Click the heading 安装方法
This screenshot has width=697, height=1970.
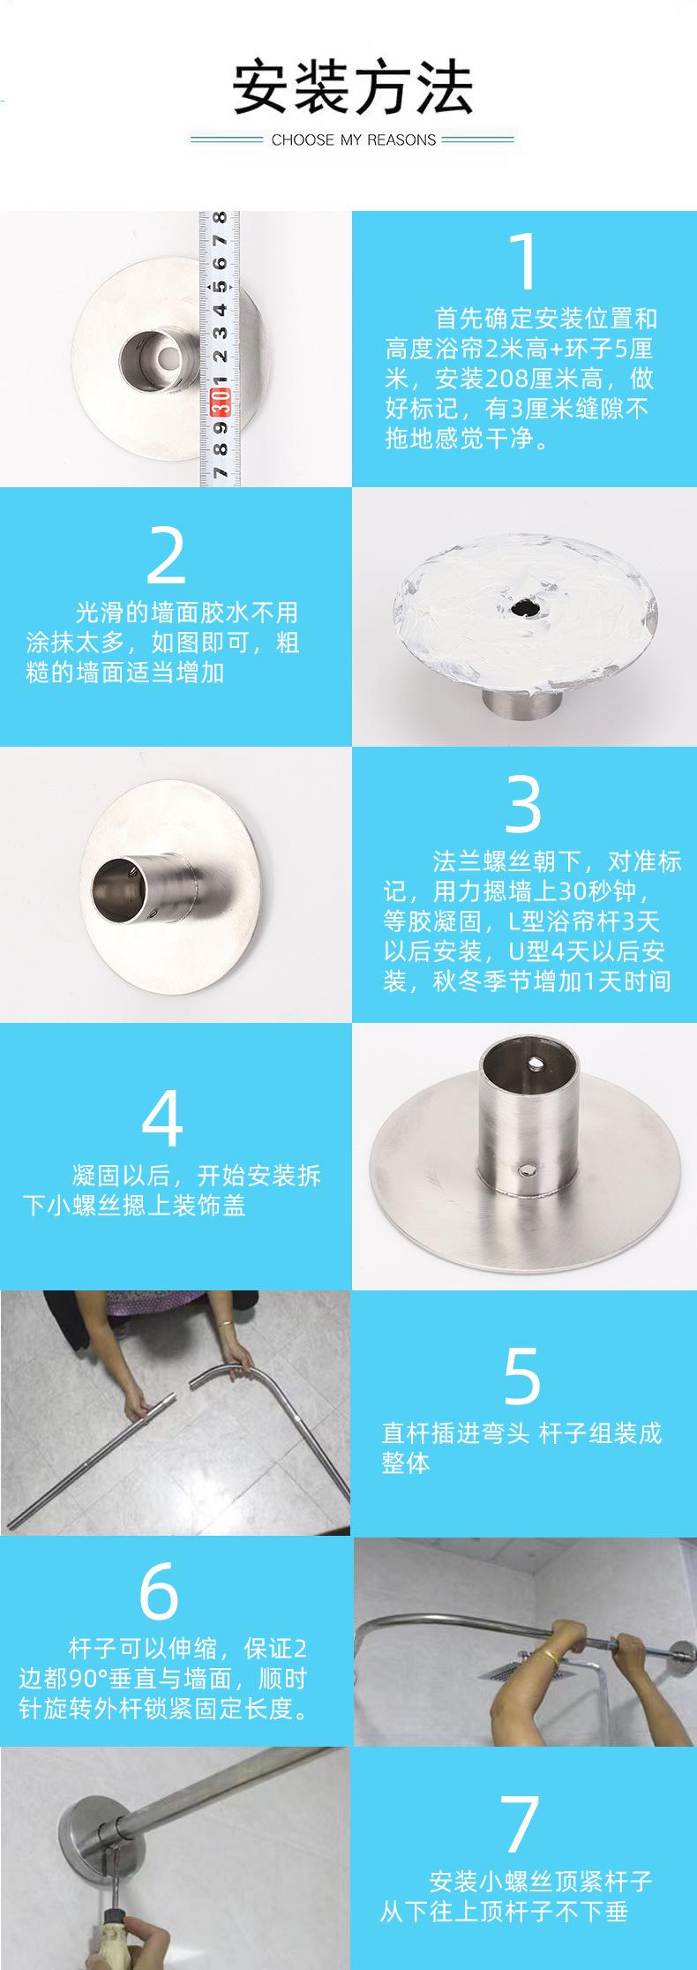(352, 87)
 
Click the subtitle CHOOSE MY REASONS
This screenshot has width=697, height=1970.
(354, 139)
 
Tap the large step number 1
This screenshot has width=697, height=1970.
(523, 262)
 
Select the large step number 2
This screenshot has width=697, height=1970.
(166, 554)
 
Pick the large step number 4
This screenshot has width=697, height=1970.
(162, 1118)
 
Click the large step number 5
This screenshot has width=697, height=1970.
(521, 1376)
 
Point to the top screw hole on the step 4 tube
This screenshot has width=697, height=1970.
(535, 1057)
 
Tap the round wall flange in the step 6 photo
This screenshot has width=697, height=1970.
(686, 1644)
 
